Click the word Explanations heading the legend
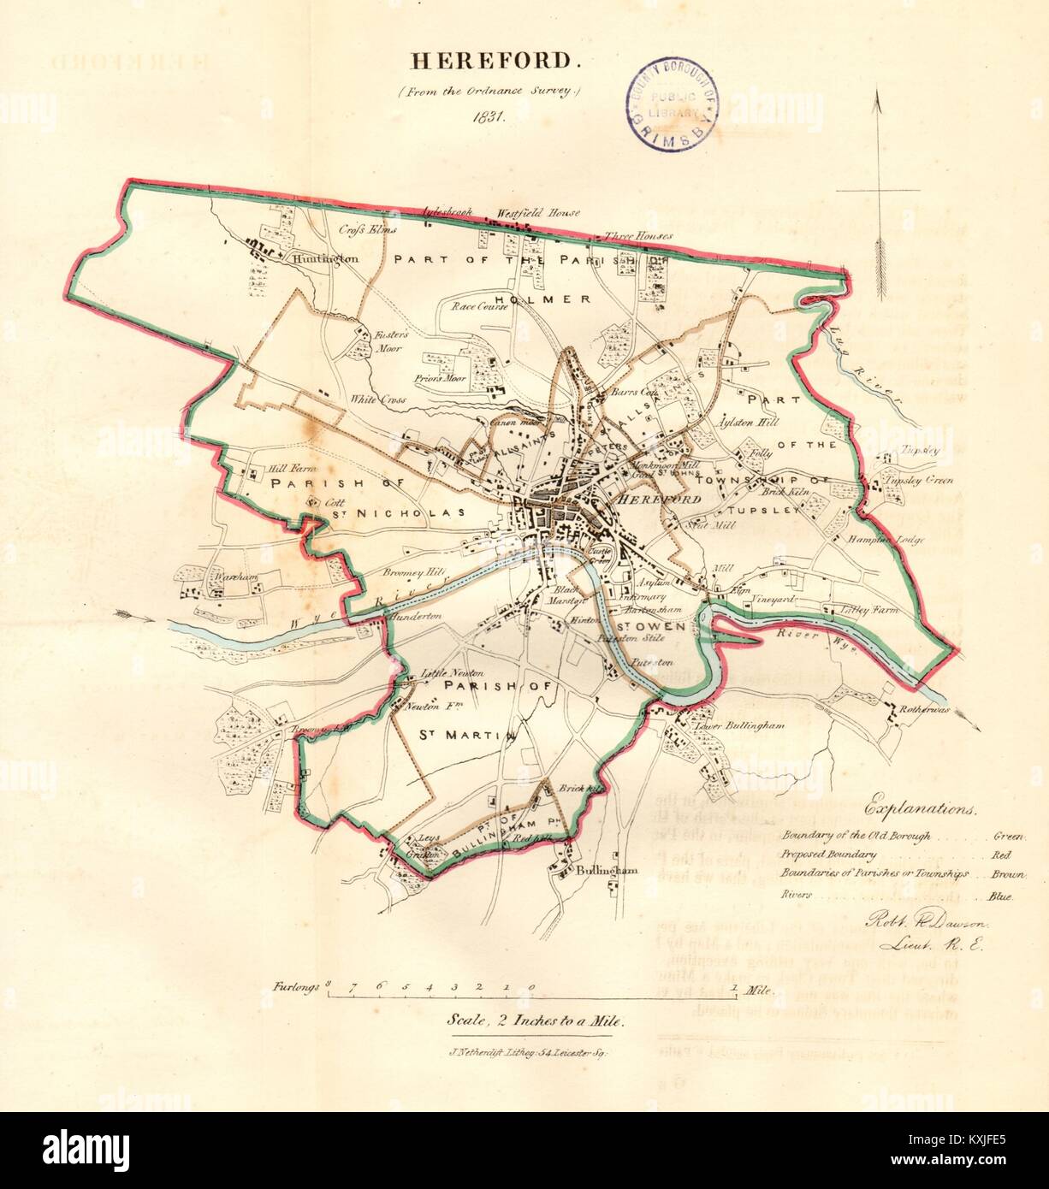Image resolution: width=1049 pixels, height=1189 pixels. [x=921, y=807]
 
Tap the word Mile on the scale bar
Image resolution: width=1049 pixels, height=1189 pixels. [x=758, y=991]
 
